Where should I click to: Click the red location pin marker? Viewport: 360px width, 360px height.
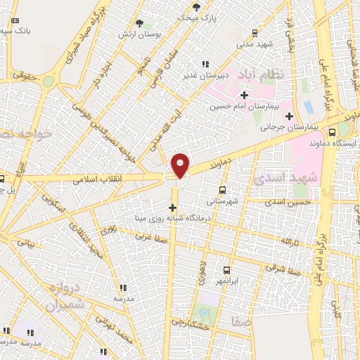(181, 165)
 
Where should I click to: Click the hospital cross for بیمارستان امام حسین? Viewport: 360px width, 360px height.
(244, 95)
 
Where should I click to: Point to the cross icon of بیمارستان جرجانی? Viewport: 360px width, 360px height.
(289, 116)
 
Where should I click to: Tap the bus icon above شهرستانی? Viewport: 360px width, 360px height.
(223, 189)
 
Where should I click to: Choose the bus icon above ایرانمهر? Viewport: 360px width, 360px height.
(226, 270)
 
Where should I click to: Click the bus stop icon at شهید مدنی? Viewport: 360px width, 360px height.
(254, 31)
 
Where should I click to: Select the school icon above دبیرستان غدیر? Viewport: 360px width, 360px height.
(205, 64)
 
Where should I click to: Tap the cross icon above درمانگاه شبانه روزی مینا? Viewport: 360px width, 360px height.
(173, 207)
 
